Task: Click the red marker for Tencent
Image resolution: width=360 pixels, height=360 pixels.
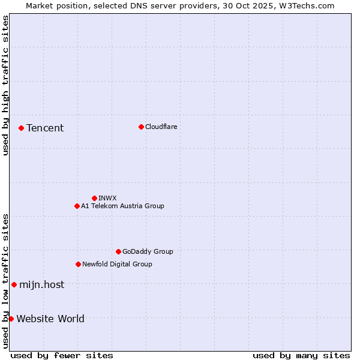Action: (x=21, y=128)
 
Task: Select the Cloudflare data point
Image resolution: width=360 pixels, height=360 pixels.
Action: (x=141, y=127)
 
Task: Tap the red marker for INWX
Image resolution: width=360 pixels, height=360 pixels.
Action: (x=94, y=198)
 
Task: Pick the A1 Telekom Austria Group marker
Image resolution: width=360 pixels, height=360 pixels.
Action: (x=77, y=206)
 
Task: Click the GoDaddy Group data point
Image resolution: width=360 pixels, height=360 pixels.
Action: (x=118, y=251)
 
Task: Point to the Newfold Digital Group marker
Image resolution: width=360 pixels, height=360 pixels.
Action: (x=78, y=264)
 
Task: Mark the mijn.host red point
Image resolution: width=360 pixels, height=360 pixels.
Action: (x=14, y=284)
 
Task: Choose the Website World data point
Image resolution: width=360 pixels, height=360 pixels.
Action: (x=11, y=319)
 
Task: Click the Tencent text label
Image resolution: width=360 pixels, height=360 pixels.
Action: (x=45, y=128)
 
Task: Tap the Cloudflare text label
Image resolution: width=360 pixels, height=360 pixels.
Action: (x=161, y=127)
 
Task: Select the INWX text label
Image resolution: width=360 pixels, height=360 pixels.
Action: (x=107, y=198)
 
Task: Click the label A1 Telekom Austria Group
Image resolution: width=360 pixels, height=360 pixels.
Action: (x=122, y=206)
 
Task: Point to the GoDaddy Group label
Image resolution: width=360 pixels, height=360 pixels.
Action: (x=148, y=251)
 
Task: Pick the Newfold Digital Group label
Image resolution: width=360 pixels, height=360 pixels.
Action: (x=117, y=264)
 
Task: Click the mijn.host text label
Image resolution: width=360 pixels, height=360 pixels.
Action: (x=41, y=284)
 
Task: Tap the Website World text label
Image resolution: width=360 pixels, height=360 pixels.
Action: (x=50, y=319)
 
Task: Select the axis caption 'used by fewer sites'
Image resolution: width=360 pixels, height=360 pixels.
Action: (x=62, y=355)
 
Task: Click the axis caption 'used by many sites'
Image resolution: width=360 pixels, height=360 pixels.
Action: (x=301, y=355)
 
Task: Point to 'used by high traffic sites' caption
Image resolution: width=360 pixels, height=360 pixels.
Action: (x=5, y=85)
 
